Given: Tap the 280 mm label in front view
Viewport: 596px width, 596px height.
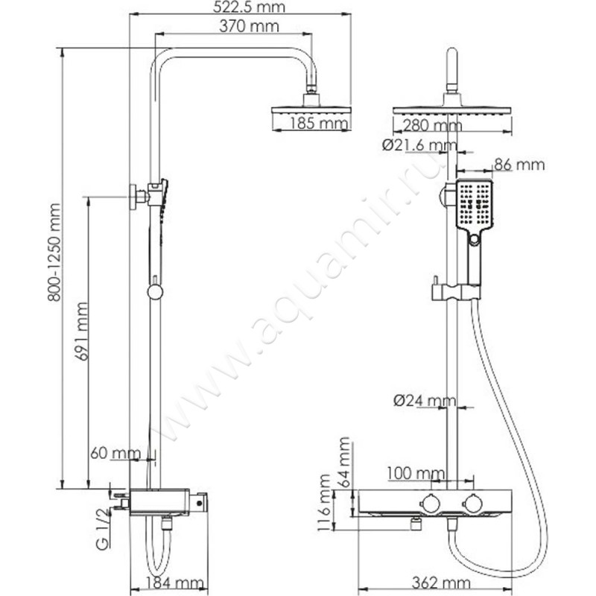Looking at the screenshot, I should [431, 125].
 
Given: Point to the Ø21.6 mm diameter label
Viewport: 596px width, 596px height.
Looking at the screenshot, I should [419, 145].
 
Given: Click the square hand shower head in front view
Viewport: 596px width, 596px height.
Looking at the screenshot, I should [472, 205].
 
